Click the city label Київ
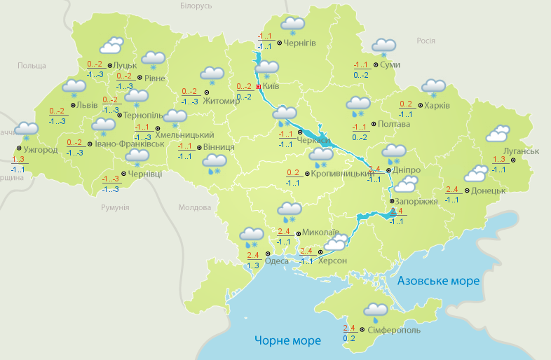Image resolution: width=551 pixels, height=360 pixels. click(x=271, y=87)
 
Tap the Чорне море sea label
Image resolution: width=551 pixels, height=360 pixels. click(x=287, y=340)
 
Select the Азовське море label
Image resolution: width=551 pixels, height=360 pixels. click(x=438, y=281)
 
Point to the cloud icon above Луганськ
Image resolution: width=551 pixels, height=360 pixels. click(x=498, y=133)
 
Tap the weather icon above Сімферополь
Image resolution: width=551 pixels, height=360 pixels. click(x=376, y=311)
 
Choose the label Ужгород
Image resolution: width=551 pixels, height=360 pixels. click(x=40, y=150)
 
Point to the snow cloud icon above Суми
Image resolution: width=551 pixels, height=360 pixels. click(x=383, y=46)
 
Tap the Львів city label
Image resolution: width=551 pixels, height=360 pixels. click(x=87, y=105)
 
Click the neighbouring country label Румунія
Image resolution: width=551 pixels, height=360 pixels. click(x=115, y=208)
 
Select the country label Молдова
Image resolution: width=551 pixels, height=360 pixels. click(x=194, y=208)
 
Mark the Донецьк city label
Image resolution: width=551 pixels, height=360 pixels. click(x=488, y=191)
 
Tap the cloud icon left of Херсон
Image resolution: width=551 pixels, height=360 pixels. click(x=336, y=242)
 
